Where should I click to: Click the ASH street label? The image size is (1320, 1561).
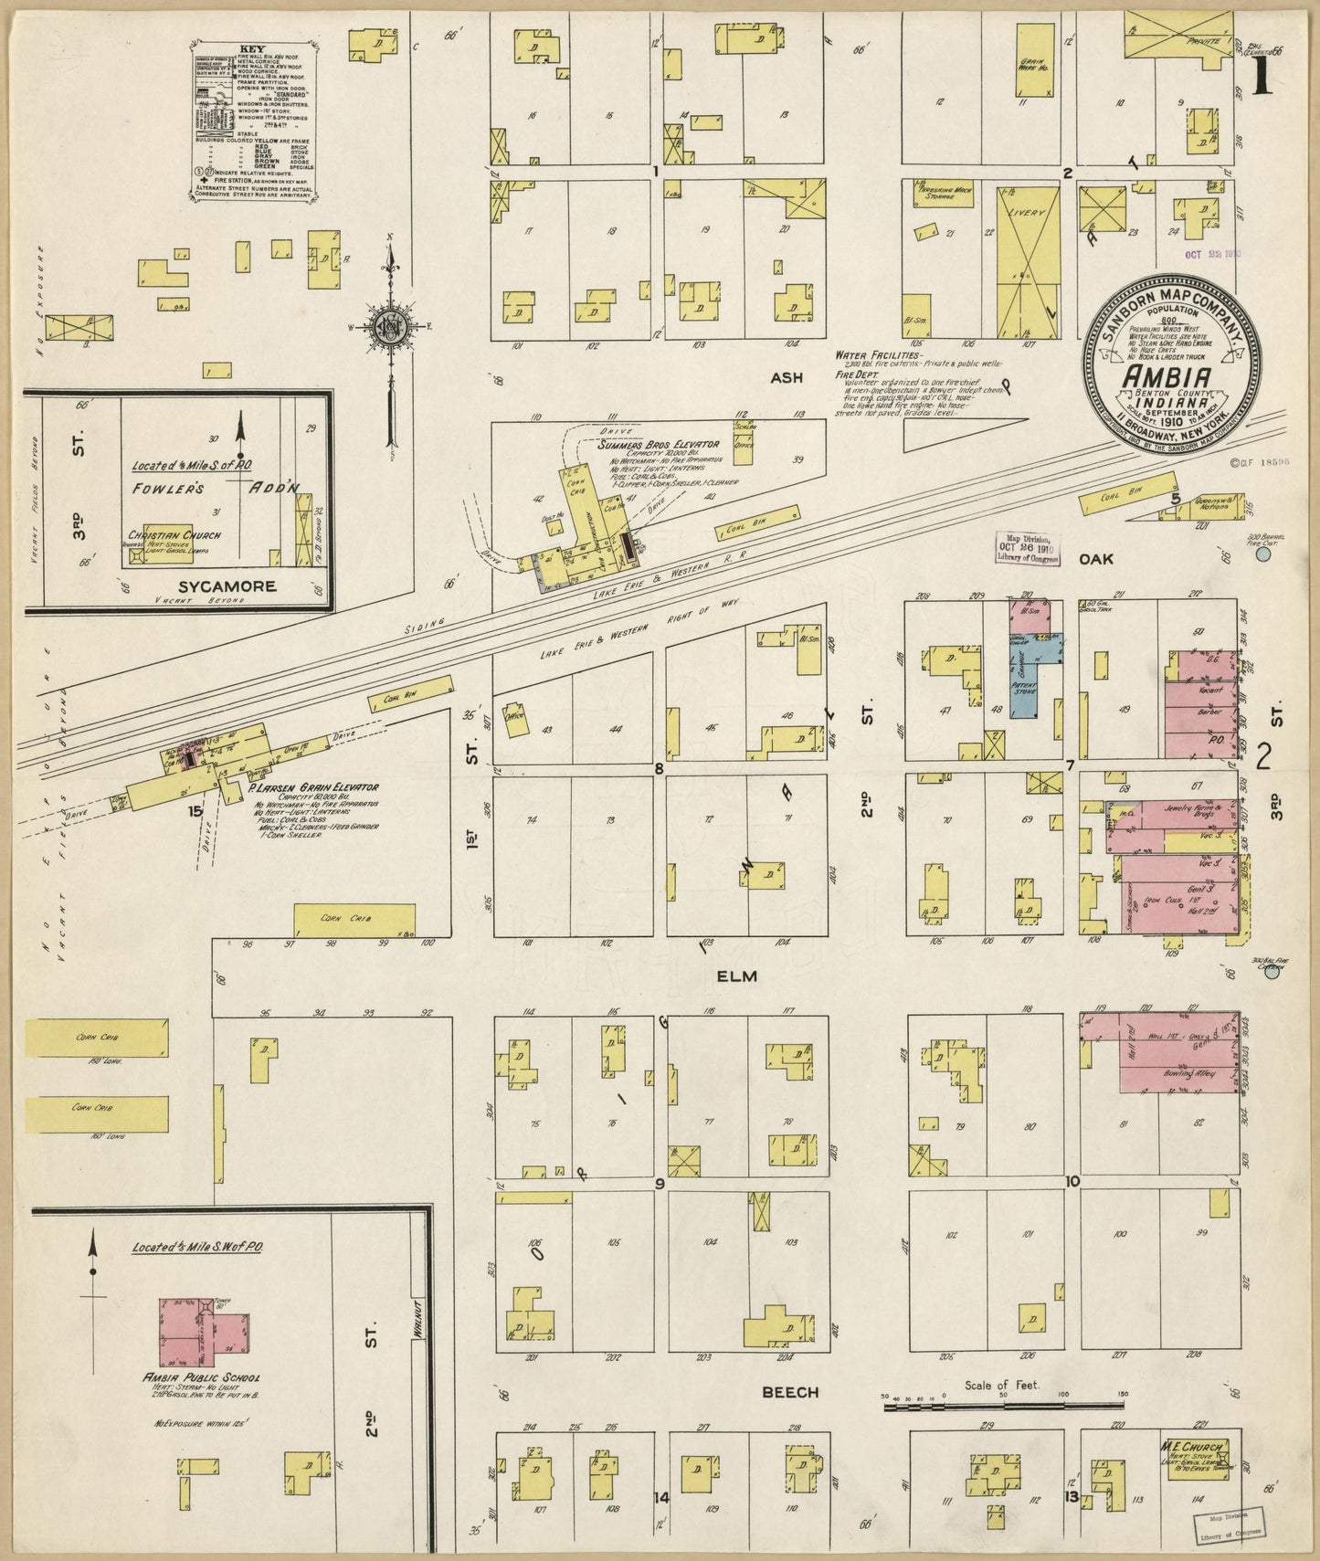[x=786, y=377]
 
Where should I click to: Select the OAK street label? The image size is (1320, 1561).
[x=1096, y=558]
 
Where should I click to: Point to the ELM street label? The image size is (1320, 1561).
[x=737, y=976]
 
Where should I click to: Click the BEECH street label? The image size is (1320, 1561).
[x=790, y=1419]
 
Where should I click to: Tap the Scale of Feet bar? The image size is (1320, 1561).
[x=1002, y=1432]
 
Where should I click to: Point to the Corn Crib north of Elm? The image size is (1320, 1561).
[x=354, y=920]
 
